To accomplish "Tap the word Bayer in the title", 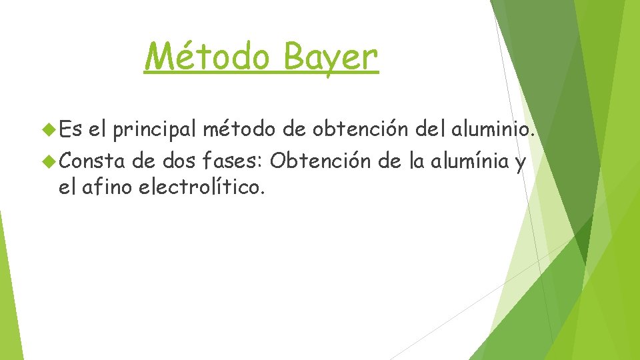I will pos(331,57).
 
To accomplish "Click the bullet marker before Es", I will pos(47,127).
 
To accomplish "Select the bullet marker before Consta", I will pos(47,161).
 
